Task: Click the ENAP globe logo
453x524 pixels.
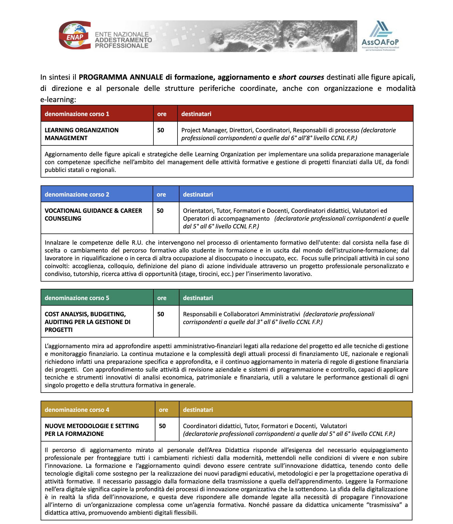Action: pyautogui.click(x=74, y=35)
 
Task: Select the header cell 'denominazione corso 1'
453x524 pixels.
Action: pyautogui.click(x=77, y=114)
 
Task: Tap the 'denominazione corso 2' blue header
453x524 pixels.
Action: pyautogui.click(x=77, y=194)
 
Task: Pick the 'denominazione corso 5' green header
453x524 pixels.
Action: pyautogui.click(x=77, y=298)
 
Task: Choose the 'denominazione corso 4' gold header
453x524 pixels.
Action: pyautogui.click(x=77, y=410)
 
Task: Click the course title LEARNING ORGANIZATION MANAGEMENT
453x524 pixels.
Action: pyautogui.click(x=81, y=134)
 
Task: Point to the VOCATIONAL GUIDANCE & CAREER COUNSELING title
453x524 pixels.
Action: pyautogui.click(x=93, y=214)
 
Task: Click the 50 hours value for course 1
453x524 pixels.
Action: pyautogui.click(x=161, y=130)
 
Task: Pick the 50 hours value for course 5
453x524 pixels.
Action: pyautogui.click(x=161, y=314)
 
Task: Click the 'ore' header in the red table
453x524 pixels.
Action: pyautogui.click(x=162, y=114)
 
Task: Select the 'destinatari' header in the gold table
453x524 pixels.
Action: pyautogui.click(x=198, y=410)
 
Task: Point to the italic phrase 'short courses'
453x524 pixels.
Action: pyautogui.click(x=301, y=77)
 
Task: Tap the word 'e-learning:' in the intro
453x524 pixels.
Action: pyautogui.click(x=58, y=99)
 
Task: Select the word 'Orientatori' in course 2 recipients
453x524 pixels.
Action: pyautogui.click(x=198, y=211)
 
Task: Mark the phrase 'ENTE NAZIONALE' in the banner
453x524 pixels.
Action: pyautogui.click(x=122, y=34)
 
